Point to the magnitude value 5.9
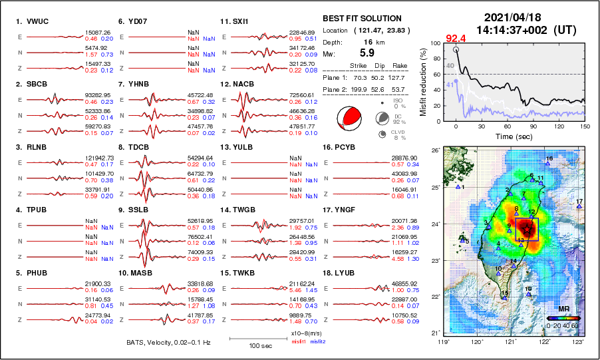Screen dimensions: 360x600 pos(367,53)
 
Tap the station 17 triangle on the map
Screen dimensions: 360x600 pos(579,206)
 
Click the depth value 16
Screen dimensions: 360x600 pos(366,42)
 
